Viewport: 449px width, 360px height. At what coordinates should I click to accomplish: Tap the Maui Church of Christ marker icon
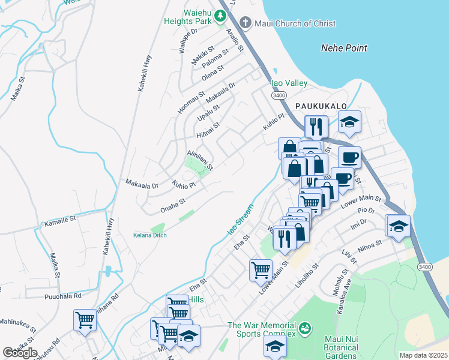pyautogui.click(x=245, y=23)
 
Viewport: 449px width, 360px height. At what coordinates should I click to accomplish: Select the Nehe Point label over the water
pyautogui.click(x=344, y=48)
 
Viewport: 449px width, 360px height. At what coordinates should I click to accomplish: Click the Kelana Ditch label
pyautogui.click(x=149, y=235)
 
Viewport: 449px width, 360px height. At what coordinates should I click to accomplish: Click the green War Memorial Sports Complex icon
pyautogui.click(x=306, y=328)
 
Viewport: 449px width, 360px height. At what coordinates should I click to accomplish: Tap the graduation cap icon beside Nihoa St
pyautogui.click(x=399, y=226)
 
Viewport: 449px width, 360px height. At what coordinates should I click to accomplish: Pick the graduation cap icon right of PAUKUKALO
pyautogui.click(x=349, y=122)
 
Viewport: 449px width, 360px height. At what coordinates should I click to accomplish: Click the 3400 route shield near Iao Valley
pyautogui.click(x=278, y=95)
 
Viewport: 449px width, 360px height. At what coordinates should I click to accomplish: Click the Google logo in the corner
pyautogui.click(x=20, y=352)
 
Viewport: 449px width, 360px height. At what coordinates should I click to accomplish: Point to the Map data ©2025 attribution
pyautogui.click(x=423, y=355)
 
